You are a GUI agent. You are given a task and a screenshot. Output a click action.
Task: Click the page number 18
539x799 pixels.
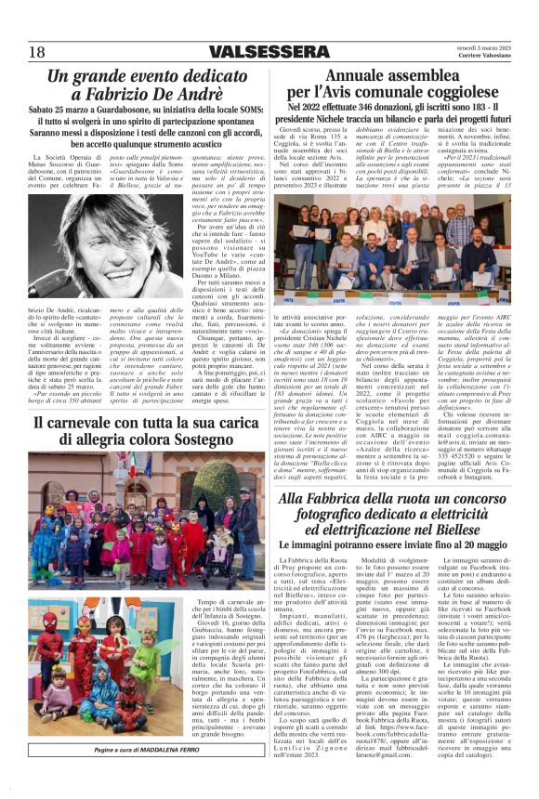coord(37,52)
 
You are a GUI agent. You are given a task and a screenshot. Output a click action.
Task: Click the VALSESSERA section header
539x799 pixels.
coord(268,52)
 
